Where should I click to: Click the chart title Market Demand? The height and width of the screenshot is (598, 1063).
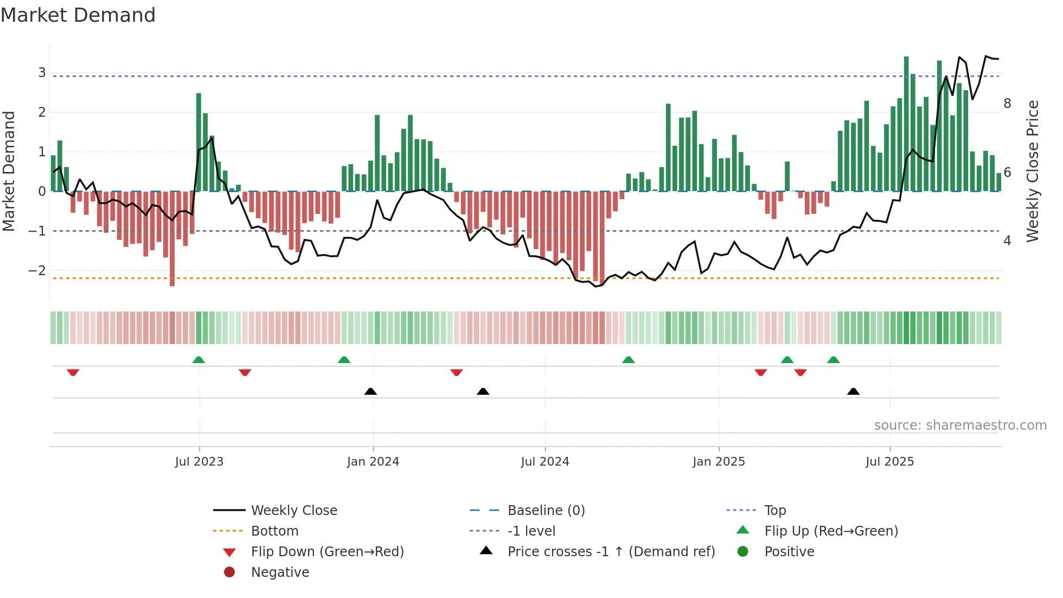coord(78,15)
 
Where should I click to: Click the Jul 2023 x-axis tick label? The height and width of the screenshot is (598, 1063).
coord(199,462)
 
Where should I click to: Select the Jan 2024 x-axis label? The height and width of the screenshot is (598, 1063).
coord(373,462)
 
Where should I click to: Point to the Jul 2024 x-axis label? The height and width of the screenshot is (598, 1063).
coord(545,462)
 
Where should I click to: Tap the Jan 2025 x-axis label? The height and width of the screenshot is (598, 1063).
coord(719,462)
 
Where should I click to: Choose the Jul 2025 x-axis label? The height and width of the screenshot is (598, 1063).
coord(889,462)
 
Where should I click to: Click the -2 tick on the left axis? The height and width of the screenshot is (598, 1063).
coord(37,270)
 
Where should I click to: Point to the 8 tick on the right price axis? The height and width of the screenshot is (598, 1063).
coord(1007,103)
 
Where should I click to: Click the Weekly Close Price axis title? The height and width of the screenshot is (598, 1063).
coord(1033,171)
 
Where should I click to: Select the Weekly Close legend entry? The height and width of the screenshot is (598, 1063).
coord(293,510)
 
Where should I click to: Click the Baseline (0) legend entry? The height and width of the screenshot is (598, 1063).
coord(546,510)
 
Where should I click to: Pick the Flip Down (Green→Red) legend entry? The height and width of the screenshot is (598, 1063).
coord(327,551)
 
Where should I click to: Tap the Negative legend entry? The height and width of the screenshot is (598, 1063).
coord(280,572)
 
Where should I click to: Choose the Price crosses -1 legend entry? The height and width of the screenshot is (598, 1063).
coord(611,551)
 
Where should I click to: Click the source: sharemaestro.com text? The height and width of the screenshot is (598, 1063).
coord(960,425)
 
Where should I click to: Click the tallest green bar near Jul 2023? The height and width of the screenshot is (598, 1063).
coord(198,141)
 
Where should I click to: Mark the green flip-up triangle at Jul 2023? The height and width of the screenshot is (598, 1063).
coord(198,360)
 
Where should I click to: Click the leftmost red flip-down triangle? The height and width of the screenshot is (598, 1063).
coord(73,372)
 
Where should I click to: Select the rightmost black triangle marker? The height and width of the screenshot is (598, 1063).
coord(853,391)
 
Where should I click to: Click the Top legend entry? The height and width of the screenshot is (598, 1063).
coord(774,510)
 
